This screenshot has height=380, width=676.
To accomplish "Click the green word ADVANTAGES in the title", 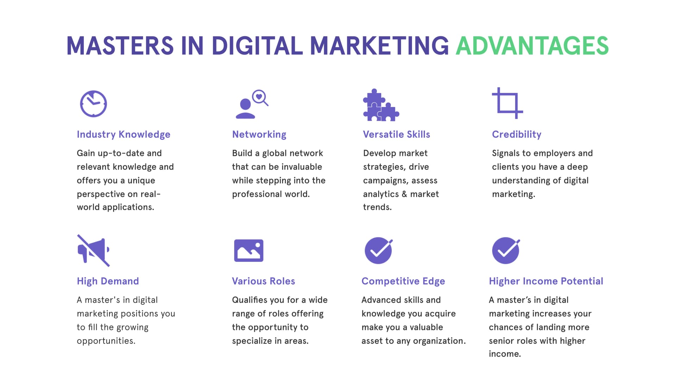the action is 532,46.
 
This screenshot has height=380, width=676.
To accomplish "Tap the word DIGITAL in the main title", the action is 257,46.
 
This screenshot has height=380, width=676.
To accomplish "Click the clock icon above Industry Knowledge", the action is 93,104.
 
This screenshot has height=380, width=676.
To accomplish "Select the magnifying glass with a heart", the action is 261,97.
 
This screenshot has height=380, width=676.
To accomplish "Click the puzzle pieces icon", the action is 381,105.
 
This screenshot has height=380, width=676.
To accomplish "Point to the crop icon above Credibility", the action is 507,103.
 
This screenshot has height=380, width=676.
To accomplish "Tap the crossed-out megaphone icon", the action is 93,251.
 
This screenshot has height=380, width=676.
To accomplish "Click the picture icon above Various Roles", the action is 249,251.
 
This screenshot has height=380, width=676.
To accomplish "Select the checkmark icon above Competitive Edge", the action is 378,251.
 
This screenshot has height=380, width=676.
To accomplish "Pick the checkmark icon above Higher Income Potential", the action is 506,251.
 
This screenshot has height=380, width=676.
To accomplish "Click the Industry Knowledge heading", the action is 124,134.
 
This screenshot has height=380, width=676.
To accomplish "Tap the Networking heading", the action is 259,134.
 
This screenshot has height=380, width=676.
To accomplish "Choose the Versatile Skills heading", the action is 396,134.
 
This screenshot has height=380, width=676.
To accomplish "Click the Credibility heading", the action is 517,134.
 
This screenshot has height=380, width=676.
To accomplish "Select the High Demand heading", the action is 108,281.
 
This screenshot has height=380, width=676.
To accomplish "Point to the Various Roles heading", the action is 263,281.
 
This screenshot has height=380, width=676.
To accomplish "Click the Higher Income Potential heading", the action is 546,281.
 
